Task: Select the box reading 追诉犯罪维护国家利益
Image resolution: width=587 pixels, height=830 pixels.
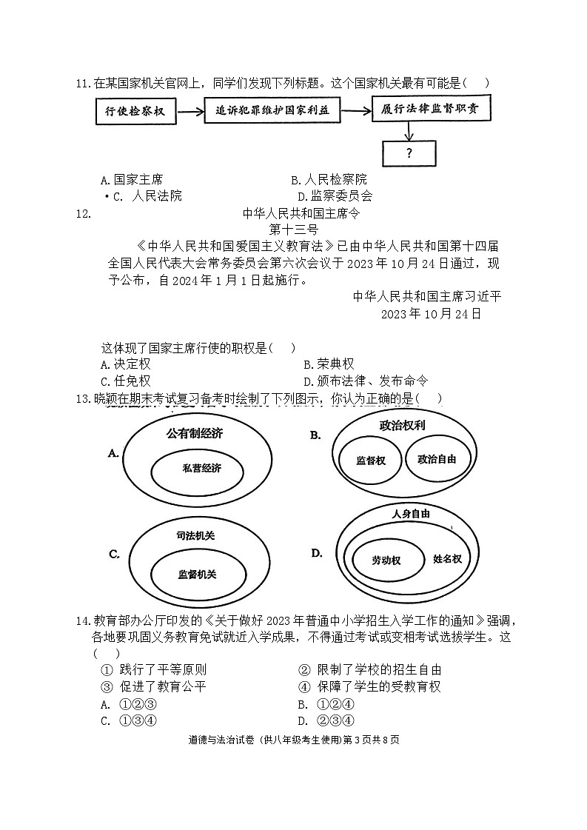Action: tap(272, 112)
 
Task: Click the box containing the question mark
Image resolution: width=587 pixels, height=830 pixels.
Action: tap(409, 153)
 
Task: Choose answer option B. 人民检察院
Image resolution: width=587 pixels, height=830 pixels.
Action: tap(329, 179)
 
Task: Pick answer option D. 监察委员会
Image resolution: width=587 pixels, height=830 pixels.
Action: tap(335, 196)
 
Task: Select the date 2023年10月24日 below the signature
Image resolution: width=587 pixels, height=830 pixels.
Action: tap(431, 313)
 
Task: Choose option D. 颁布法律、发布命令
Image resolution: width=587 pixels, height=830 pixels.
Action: tap(366, 381)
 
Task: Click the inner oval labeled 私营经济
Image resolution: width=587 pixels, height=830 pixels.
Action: tap(201, 468)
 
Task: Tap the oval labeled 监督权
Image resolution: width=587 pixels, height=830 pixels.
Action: tap(370, 460)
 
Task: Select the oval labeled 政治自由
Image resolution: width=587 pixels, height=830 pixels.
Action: tap(437, 459)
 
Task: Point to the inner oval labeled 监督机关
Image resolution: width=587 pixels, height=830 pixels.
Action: tap(201, 574)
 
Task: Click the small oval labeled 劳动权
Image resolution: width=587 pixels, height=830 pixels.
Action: tap(386, 560)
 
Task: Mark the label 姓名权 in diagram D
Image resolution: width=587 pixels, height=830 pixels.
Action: tap(447, 559)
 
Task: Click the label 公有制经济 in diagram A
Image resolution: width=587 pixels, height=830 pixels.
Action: tap(194, 434)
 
